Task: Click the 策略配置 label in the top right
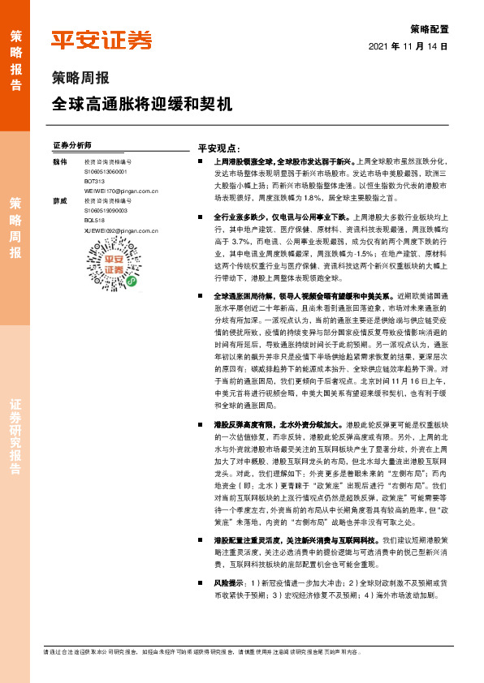(430, 28)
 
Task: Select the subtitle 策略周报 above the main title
(80, 79)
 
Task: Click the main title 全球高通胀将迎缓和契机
(141, 105)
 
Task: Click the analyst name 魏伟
(59, 162)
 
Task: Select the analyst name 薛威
(59, 200)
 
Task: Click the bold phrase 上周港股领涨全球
(242, 163)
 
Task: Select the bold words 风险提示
(229, 560)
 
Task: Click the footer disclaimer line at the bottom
(203, 651)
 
